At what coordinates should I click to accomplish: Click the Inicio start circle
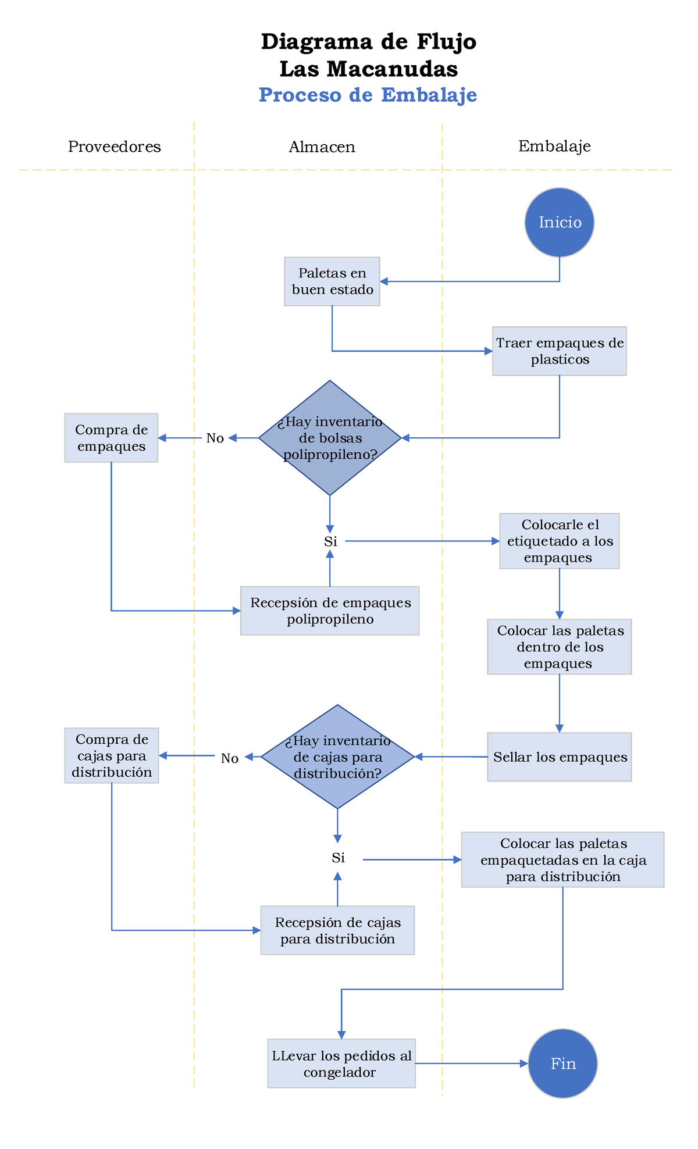559,222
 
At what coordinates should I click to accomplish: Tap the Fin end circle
562,1064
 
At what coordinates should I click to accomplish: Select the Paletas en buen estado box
332,281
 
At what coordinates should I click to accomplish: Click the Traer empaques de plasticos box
559,351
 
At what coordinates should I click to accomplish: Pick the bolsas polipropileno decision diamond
330,438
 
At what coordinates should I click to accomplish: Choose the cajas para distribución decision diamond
337,757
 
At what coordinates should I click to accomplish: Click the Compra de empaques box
111,438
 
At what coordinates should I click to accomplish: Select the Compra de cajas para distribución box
111,755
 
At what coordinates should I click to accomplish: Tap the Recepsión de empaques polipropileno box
330,611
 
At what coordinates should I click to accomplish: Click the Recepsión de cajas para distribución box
337,930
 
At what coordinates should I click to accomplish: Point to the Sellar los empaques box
559,757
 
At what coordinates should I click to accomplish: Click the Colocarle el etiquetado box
559,541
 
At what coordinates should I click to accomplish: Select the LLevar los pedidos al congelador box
341,1064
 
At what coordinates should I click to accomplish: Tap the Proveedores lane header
115,147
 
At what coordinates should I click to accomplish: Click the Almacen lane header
322,147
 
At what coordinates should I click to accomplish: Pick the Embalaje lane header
554,146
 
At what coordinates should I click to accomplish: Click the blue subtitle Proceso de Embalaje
368,95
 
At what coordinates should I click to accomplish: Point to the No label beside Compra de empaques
215,438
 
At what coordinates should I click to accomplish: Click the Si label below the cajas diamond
338,858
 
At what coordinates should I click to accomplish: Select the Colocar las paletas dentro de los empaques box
559,647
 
